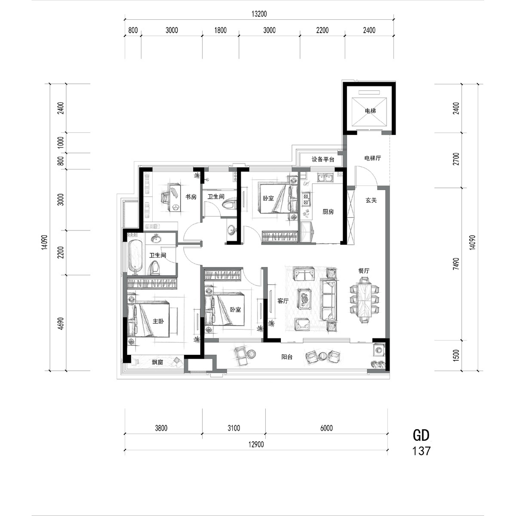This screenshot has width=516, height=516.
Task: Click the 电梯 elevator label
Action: (370, 111)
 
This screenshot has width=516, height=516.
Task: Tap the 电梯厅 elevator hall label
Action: (372, 158)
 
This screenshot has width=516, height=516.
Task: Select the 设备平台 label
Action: (323, 160)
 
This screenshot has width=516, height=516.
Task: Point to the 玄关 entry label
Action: (371, 200)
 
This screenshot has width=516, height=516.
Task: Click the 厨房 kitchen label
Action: (328, 212)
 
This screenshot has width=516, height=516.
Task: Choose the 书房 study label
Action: (191, 197)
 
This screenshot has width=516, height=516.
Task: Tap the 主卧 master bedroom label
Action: (158, 321)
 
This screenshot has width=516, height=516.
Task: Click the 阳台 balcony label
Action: (287, 357)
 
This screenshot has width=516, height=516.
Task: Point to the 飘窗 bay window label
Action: (157, 362)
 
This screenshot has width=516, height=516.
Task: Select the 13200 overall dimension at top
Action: (259, 14)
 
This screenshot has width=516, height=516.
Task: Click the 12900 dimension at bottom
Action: (256, 445)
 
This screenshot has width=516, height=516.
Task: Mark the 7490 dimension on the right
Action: (457, 264)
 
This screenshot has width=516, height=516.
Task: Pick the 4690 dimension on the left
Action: (61, 323)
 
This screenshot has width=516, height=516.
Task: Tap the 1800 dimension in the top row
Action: (221, 30)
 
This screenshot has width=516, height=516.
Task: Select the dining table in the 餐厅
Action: (364, 300)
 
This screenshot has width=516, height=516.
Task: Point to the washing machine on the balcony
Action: (379, 350)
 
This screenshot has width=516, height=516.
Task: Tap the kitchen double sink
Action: (325, 177)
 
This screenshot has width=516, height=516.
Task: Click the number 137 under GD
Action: (421, 451)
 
